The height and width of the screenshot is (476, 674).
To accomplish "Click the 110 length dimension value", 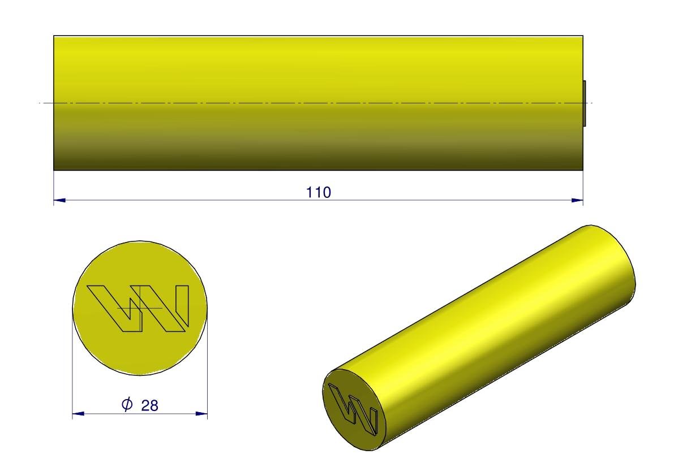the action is [x=319, y=192].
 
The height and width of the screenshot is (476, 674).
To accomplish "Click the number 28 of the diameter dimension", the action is [x=149, y=405].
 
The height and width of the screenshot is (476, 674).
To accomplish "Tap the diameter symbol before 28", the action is [x=127, y=404].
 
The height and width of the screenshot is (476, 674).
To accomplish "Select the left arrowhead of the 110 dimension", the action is [x=59, y=200].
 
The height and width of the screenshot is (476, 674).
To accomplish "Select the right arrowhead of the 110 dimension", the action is [x=577, y=200].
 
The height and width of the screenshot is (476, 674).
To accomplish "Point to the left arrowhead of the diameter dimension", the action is [x=78, y=414].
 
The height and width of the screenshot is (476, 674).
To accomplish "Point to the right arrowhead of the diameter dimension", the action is [x=201, y=414].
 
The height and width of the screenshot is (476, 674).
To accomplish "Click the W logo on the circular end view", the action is [x=138, y=308].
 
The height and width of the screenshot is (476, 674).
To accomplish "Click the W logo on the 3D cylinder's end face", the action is [x=353, y=408].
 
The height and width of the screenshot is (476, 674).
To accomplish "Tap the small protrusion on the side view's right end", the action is [x=585, y=103].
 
